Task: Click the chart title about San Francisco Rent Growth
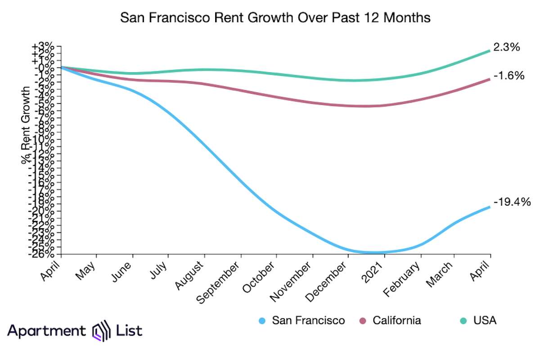pyautogui.click(x=275, y=18)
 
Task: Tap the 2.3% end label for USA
pyautogui.click(x=507, y=47)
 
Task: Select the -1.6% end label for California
pyautogui.click(x=508, y=76)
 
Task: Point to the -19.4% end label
pyautogui.click(x=512, y=202)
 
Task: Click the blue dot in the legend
pyautogui.click(x=263, y=321)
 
